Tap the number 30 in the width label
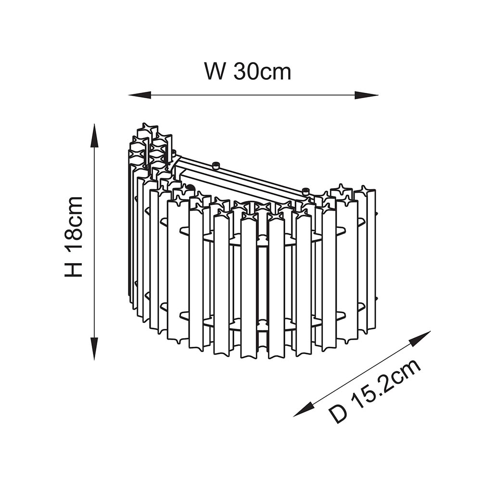coord(245,72)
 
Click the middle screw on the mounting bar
coord(216,166)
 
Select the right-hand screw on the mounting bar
coord(305,191)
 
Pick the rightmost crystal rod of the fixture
coord(371,260)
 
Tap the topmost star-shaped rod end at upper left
coord(148,130)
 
